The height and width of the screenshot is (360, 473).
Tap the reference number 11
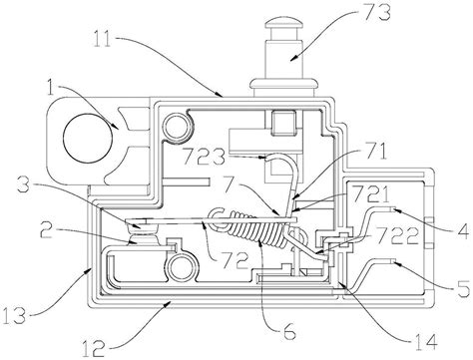pos(104,39)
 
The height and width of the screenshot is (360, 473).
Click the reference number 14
pos(425,342)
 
